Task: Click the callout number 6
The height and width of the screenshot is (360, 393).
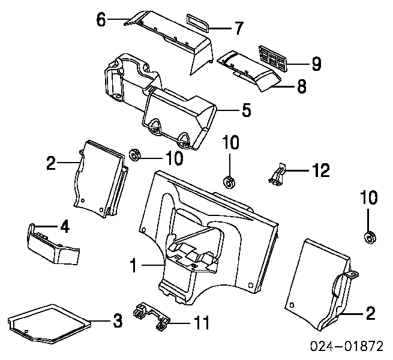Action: pos(101,20)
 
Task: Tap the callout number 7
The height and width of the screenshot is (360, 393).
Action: pos(239,28)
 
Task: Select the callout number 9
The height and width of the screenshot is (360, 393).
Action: pos(317,64)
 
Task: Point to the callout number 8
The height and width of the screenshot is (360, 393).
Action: pos(302,86)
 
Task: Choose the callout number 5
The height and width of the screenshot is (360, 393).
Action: pos(247,110)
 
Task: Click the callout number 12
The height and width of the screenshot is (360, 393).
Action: pos(321,170)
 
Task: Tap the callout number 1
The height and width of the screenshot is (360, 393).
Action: pos(134,265)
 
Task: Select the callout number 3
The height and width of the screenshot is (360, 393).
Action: pos(117,320)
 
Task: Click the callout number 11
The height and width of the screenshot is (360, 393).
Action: pos(202,323)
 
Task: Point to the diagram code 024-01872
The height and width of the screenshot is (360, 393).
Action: pos(347,346)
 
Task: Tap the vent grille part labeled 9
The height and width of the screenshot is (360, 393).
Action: pos(272,58)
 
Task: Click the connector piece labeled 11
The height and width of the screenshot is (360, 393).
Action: pos(151,316)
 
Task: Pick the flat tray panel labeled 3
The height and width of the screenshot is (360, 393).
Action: pos(49,323)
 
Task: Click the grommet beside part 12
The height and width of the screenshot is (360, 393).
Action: pos(229,182)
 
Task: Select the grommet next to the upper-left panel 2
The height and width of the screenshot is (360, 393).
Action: pos(136,155)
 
